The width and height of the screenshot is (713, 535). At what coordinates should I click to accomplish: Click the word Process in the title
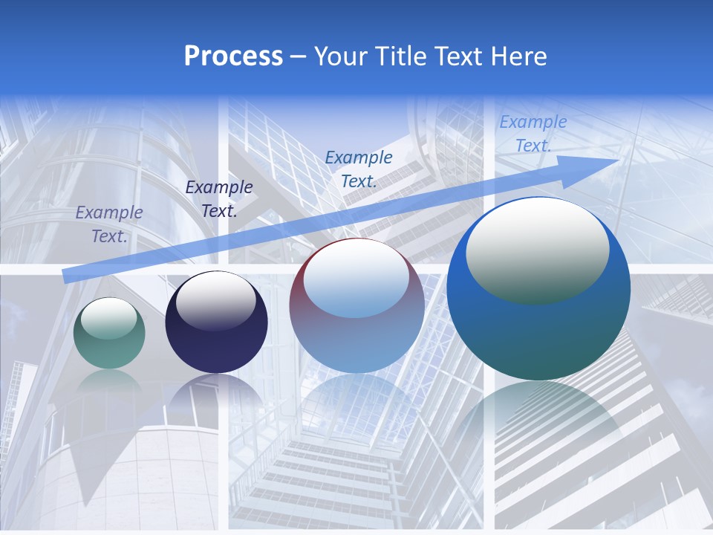[233, 56]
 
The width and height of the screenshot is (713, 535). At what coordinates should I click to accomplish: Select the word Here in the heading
[518, 56]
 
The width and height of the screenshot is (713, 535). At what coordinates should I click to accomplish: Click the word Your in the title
[340, 56]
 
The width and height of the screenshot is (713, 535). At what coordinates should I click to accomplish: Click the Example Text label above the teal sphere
[109, 224]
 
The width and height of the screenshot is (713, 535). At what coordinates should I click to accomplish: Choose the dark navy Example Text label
[219, 198]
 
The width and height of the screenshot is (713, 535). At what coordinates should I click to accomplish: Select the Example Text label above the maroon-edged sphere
[359, 169]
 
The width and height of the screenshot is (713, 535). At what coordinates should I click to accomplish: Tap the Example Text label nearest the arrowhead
[533, 134]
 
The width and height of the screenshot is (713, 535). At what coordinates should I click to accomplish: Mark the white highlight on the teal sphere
[109, 318]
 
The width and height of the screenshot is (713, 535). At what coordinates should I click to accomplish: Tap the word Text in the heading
[461, 56]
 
